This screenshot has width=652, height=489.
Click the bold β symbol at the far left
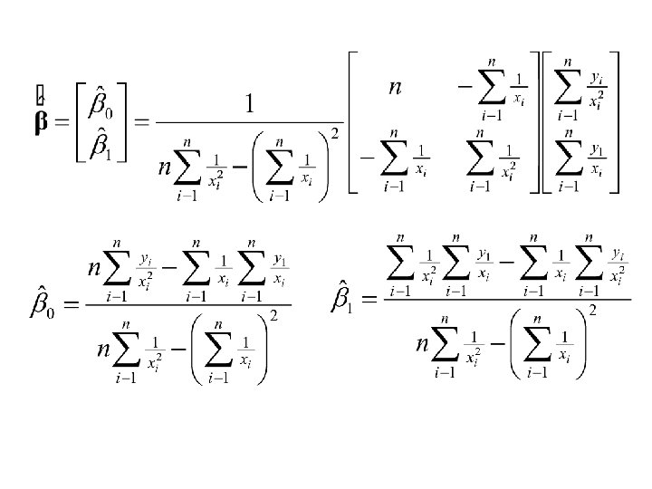(x=41, y=124)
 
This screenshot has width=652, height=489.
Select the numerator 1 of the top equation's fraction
(x=249, y=105)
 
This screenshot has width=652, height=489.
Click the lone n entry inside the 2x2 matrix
(x=395, y=88)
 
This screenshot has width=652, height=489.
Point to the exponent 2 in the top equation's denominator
(x=334, y=135)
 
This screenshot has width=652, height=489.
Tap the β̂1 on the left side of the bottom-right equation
(x=341, y=296)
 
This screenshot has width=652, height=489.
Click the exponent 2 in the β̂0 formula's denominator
(x=273, y=315)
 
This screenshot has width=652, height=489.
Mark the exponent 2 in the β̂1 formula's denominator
(x=592, y=311)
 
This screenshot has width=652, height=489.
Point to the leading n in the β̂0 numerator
(x=94, y=269)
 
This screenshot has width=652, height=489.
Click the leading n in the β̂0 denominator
(x=105, y=352)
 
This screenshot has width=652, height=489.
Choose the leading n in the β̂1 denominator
(x=423, y=345)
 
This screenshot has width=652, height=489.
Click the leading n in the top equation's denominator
(x=165, y=168)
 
